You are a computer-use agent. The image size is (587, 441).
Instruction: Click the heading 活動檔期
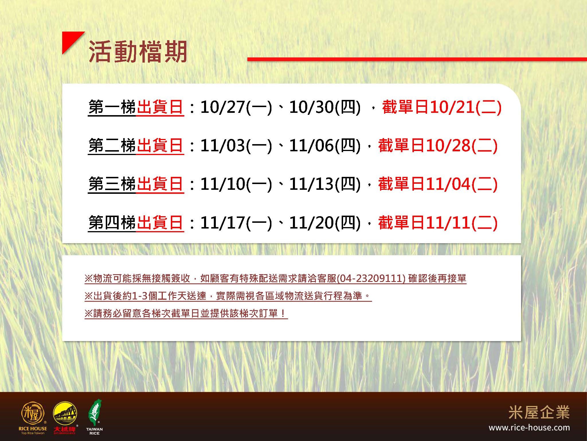tap(138, 52)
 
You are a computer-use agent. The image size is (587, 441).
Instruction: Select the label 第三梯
tap(112, 184)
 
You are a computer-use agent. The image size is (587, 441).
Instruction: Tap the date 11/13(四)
tap(325, 184)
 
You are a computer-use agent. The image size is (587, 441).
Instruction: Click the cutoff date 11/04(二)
tap(462, 184)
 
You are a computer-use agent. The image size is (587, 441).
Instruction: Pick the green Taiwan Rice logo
tap(95, 417)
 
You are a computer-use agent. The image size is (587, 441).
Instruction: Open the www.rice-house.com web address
tap(529, 428)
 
